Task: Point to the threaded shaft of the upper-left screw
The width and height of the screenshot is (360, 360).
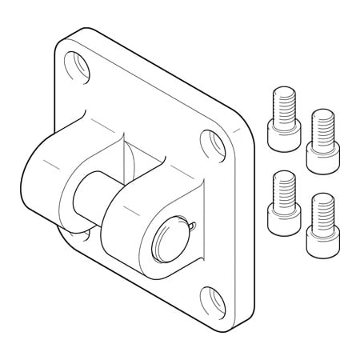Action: (x=282, y=103)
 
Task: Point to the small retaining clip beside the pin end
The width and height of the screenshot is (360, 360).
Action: (x=193, y=230)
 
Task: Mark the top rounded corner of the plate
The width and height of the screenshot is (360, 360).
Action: (x=80, y=34)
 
